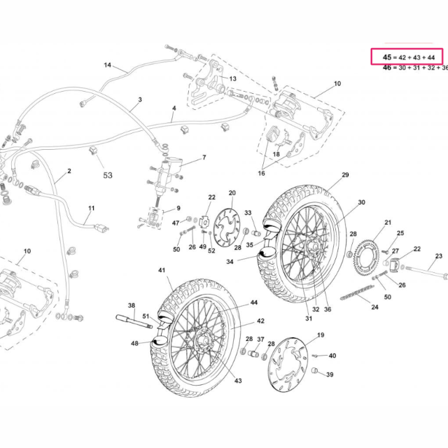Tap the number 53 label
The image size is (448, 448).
click(107, 176)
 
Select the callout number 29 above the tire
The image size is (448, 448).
click(345, 174)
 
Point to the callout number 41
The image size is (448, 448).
click(162, 270)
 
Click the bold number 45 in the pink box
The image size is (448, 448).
click(387, 56)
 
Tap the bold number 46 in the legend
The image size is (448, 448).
click(387, 68)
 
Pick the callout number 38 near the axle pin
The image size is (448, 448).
click(131, 305)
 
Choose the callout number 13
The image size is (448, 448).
click(232, 79)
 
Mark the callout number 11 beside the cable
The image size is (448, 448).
click(91, 208)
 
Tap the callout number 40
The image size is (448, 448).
click(332, 356)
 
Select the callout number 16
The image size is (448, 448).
click(261, 172)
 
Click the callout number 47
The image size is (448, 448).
click(176, 223)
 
